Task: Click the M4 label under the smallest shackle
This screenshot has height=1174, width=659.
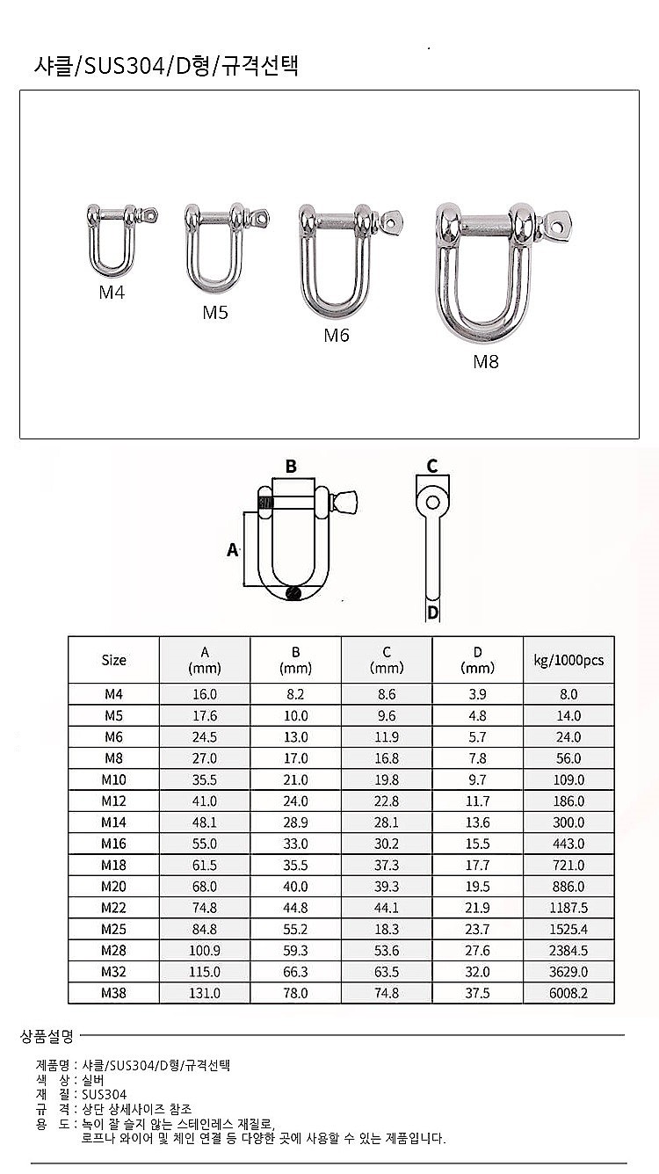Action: [112, 293]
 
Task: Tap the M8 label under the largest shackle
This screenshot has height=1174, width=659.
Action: [486, 362]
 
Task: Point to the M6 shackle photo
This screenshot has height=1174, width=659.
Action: [351, 260]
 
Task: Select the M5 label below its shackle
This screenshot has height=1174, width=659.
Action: [215, 313]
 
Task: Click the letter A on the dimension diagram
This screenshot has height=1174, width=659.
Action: [232, 550]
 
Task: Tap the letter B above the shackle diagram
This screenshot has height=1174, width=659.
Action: [291, 466]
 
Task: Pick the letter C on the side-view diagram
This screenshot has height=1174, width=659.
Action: [432, 466]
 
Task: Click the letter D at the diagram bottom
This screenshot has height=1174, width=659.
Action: [432, 612]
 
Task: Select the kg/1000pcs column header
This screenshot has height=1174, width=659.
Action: [568, 660]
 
